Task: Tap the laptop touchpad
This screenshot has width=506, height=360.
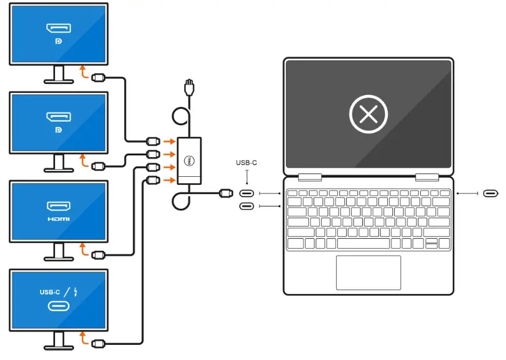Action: [x=368, y=272]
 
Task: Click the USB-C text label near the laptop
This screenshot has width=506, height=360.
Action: [x=246, y=163]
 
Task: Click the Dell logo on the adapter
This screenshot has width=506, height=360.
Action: [x=188, y=161]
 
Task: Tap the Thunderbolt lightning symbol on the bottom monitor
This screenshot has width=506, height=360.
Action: [x=75, y=292]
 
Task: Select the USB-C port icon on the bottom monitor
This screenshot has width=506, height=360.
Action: [x=59, y=306]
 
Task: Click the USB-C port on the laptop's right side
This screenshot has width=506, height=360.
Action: [x=491, y=193]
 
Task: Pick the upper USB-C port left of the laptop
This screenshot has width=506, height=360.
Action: [x=246, y=194]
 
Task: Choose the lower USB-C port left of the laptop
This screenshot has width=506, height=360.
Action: [x=246, y=206]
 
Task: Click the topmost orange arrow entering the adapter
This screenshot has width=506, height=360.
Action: [x=169, y=141]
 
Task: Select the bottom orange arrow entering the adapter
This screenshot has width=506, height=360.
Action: [x=169, y=180]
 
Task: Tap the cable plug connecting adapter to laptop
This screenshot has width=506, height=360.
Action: [x=226, y=194]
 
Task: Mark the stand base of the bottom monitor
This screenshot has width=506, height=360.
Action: [x=59, y=347]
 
